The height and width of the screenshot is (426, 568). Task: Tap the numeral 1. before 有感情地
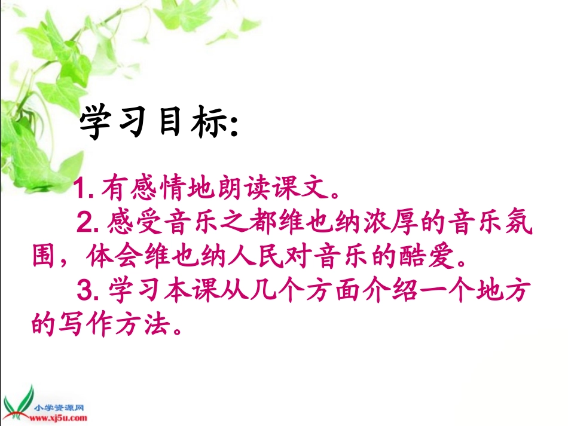85,190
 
